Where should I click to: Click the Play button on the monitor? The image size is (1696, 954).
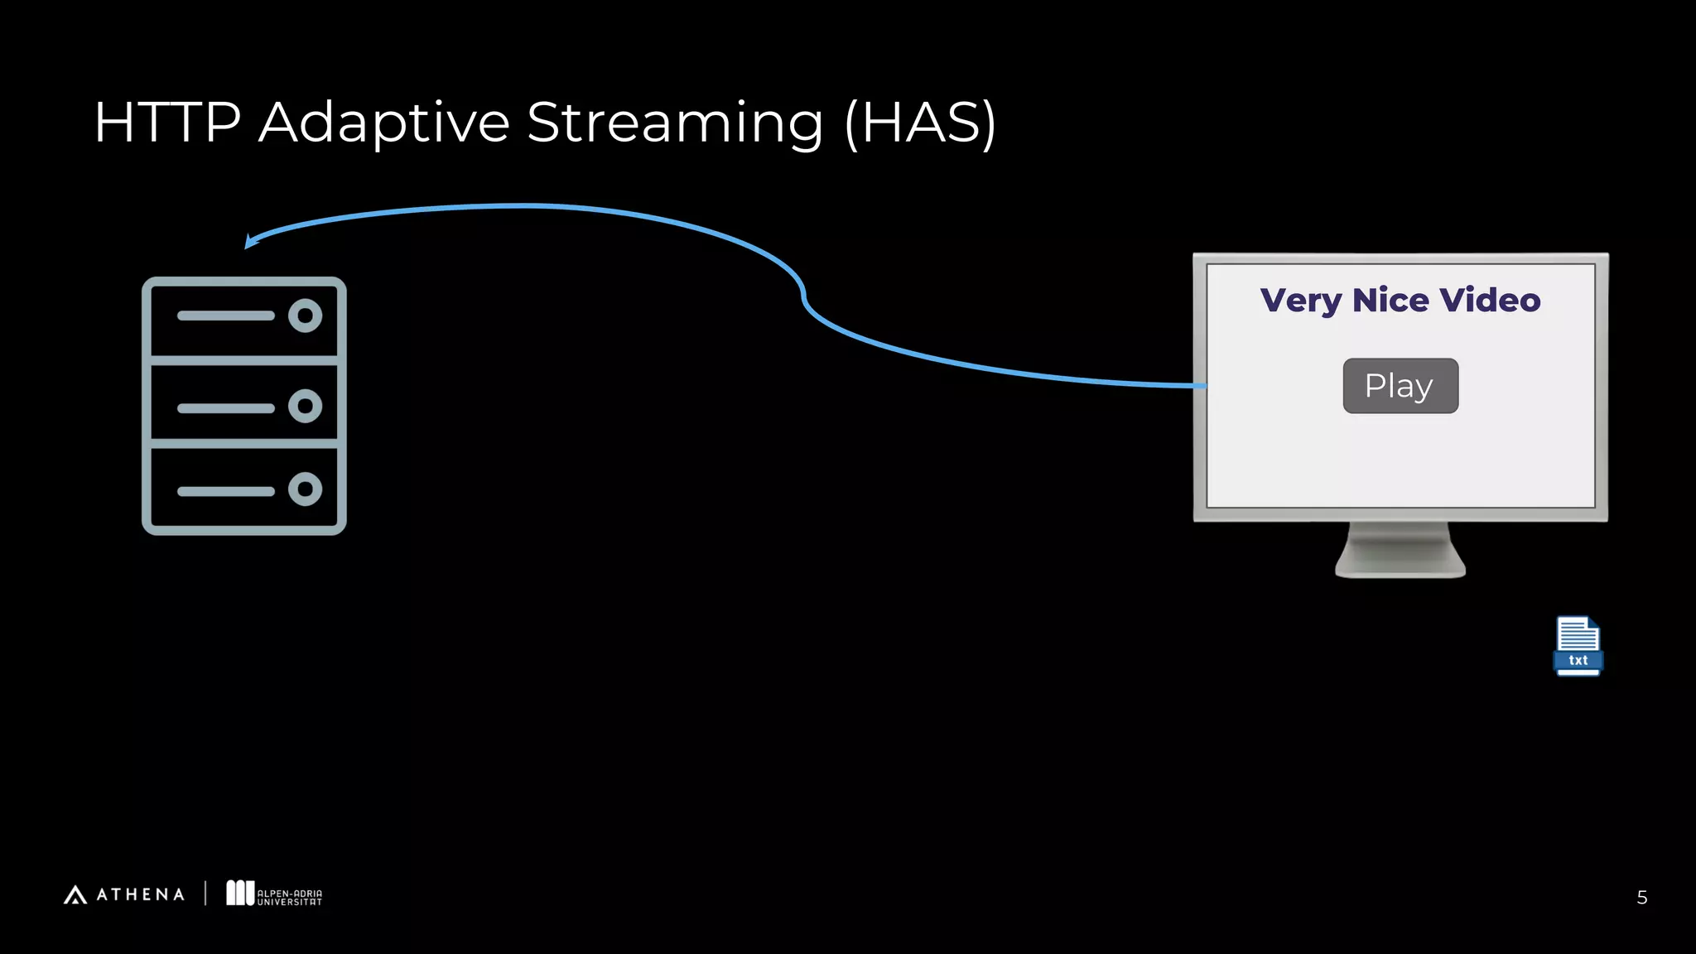coord(1400,386)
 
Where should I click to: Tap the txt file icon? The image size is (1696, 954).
coord(1578,646)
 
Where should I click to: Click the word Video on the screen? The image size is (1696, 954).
coord(1490,300)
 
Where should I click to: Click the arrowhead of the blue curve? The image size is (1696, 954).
coord(251,241)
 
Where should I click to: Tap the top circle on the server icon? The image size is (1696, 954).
coord(305,316)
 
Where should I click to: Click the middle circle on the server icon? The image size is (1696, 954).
coord(305,406)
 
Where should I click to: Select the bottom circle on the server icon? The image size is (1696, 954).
coord(305,489)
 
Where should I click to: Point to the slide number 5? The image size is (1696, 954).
coord(1641,898)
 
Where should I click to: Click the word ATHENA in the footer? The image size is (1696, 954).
coord(141,895)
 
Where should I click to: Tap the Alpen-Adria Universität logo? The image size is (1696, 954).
coord(274,894)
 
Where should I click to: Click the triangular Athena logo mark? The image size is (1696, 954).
coord(75,895)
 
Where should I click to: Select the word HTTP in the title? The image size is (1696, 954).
coord(167,123)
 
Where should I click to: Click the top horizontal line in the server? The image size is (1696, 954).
coord(225,316)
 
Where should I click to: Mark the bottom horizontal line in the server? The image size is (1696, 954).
coord(225,491)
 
